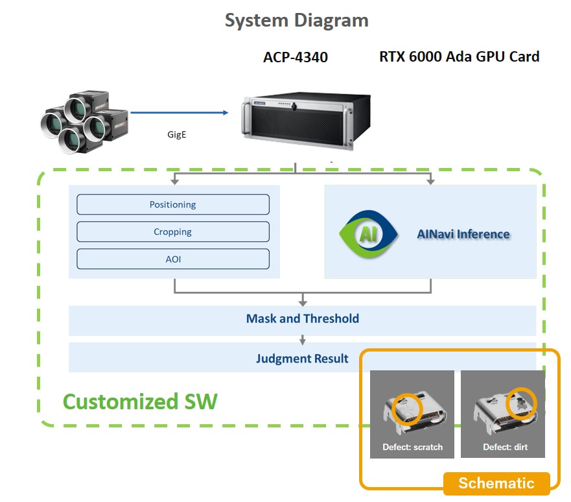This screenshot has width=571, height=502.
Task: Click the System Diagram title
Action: (x=296, y=20)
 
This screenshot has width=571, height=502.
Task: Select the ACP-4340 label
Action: (x=295, y=57)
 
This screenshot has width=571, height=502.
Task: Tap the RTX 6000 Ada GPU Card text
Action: (x=459, y=56)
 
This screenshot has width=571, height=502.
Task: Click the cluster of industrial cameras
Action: (x=84, y=121)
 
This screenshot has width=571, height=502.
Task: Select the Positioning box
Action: (x=173, y=204)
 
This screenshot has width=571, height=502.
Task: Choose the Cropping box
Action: (x=173, y=232)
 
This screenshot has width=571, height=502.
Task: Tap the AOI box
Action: (x=173, y=259)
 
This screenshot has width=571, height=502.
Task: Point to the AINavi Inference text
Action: (x=463, y=234)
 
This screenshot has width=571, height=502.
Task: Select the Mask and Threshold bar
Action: (x=302, y=319)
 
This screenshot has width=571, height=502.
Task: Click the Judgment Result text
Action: (x=302, y=358)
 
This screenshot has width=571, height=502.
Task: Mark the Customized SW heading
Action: (x=140, y=401)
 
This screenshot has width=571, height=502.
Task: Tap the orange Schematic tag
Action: (x=496, y=483)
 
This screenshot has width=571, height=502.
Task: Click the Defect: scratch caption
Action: (x=412, y=447)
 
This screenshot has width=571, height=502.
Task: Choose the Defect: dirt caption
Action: (x=503, y=447)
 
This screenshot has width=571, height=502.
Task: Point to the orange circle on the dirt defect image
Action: (x=521, y=403)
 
